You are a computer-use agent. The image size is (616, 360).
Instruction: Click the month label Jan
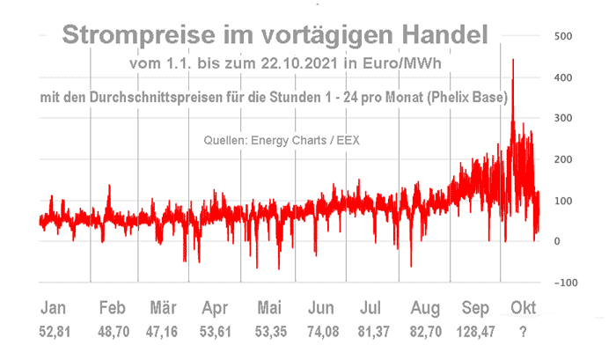[x=55, y=308]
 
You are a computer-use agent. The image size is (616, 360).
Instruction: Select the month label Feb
[x=111, y=308]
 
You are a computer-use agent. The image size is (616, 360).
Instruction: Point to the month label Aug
[x=425, y=308]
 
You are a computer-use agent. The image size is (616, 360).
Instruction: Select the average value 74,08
[x=322, y=333]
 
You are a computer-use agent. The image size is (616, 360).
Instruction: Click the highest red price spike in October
[x=513, y=62]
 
